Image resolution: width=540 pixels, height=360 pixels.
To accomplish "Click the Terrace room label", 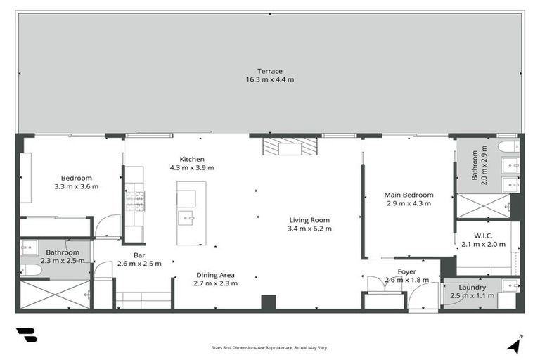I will [269, 71].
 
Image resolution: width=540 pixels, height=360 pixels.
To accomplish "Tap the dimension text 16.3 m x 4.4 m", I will [269, 79].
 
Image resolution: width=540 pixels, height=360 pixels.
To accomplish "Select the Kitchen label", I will [192, 159].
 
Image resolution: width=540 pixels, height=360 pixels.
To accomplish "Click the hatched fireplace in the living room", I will [290, 146].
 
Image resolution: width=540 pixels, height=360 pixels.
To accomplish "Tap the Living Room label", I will [309, 219].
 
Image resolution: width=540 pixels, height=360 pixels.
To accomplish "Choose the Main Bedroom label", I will [408, 195].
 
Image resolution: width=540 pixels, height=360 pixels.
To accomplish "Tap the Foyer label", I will [406, 271].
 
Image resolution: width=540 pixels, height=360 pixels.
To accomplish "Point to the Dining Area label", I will [215, 275].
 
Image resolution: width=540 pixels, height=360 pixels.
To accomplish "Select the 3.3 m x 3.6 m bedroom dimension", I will [76, 187].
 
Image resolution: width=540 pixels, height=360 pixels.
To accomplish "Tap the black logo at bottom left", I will [27, 335].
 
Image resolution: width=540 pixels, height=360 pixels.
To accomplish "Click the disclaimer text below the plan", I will [269, 347].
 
